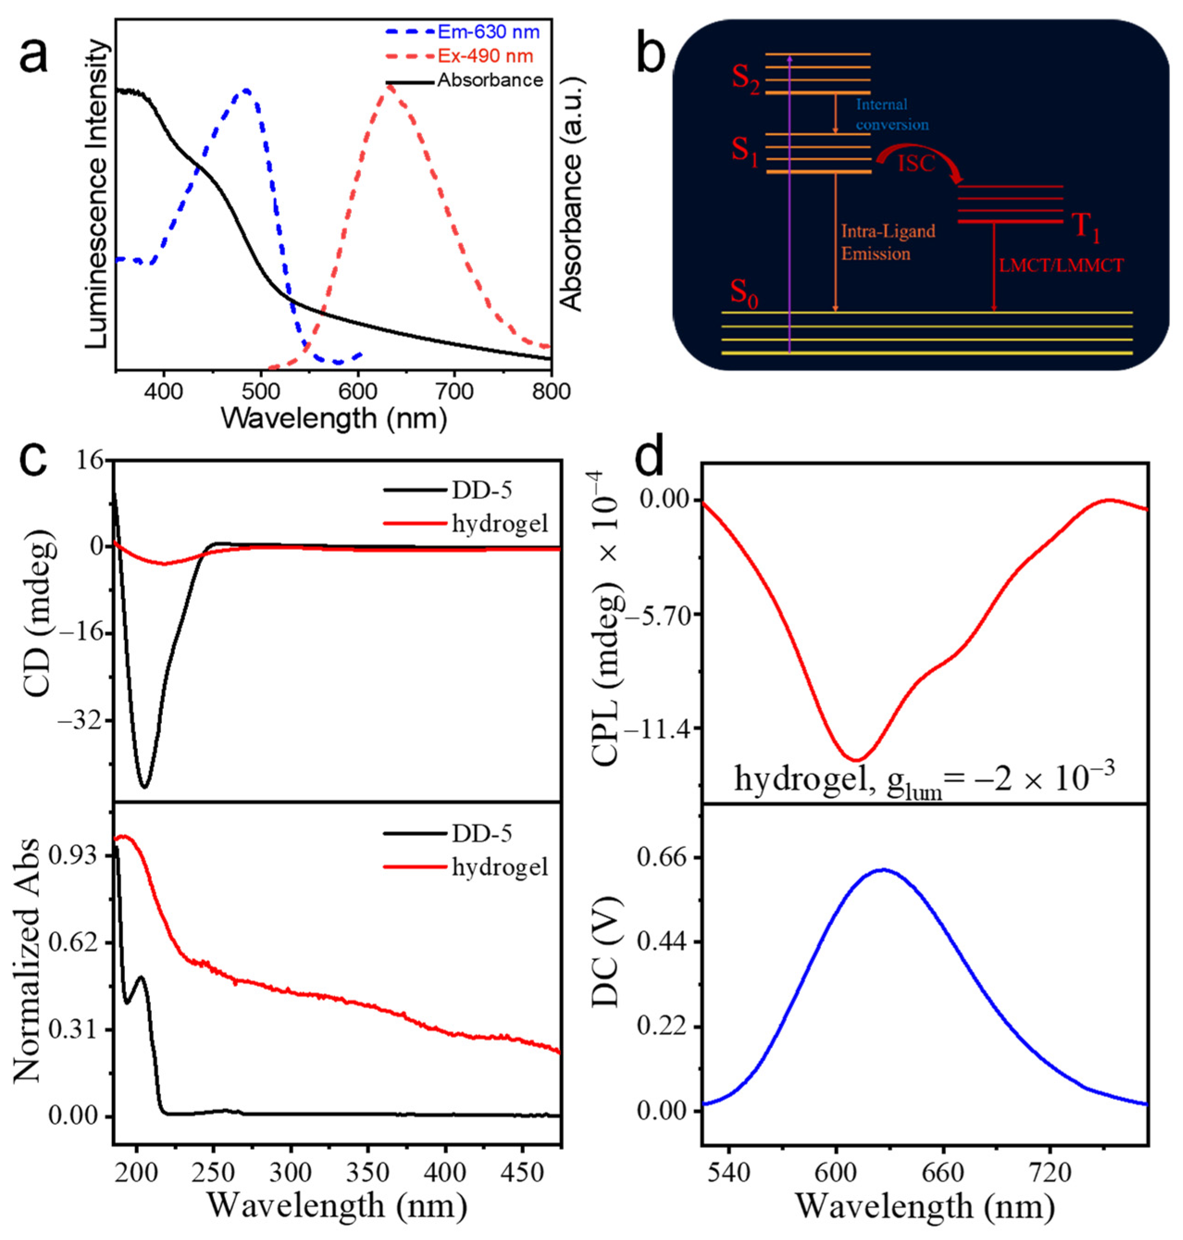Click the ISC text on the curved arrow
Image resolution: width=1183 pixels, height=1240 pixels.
tap(916, 163)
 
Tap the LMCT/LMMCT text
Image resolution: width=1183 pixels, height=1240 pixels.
tap(1061, 265)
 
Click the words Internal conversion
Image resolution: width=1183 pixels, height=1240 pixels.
tap(891, 114)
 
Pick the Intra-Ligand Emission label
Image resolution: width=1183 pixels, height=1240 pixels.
tap(887, 242)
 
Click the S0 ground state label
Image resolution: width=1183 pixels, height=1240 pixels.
tap(743, 294)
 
